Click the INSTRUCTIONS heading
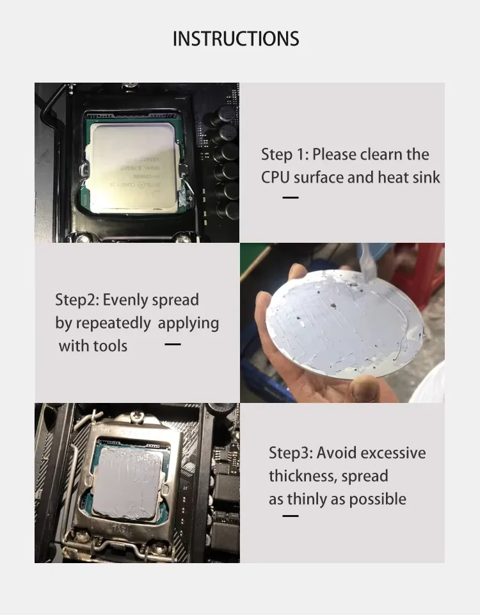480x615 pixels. click(236, 39)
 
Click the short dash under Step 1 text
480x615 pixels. click(291, 198)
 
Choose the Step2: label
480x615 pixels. click(77, 300)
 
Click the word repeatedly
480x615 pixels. click(113, 324)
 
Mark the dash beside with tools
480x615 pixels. click(173, 345)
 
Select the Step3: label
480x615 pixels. click(291, 453)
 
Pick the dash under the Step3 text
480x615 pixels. click(291, 516)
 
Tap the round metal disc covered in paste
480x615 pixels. click(344, 324)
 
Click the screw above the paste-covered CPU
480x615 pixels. click(137, 415)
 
